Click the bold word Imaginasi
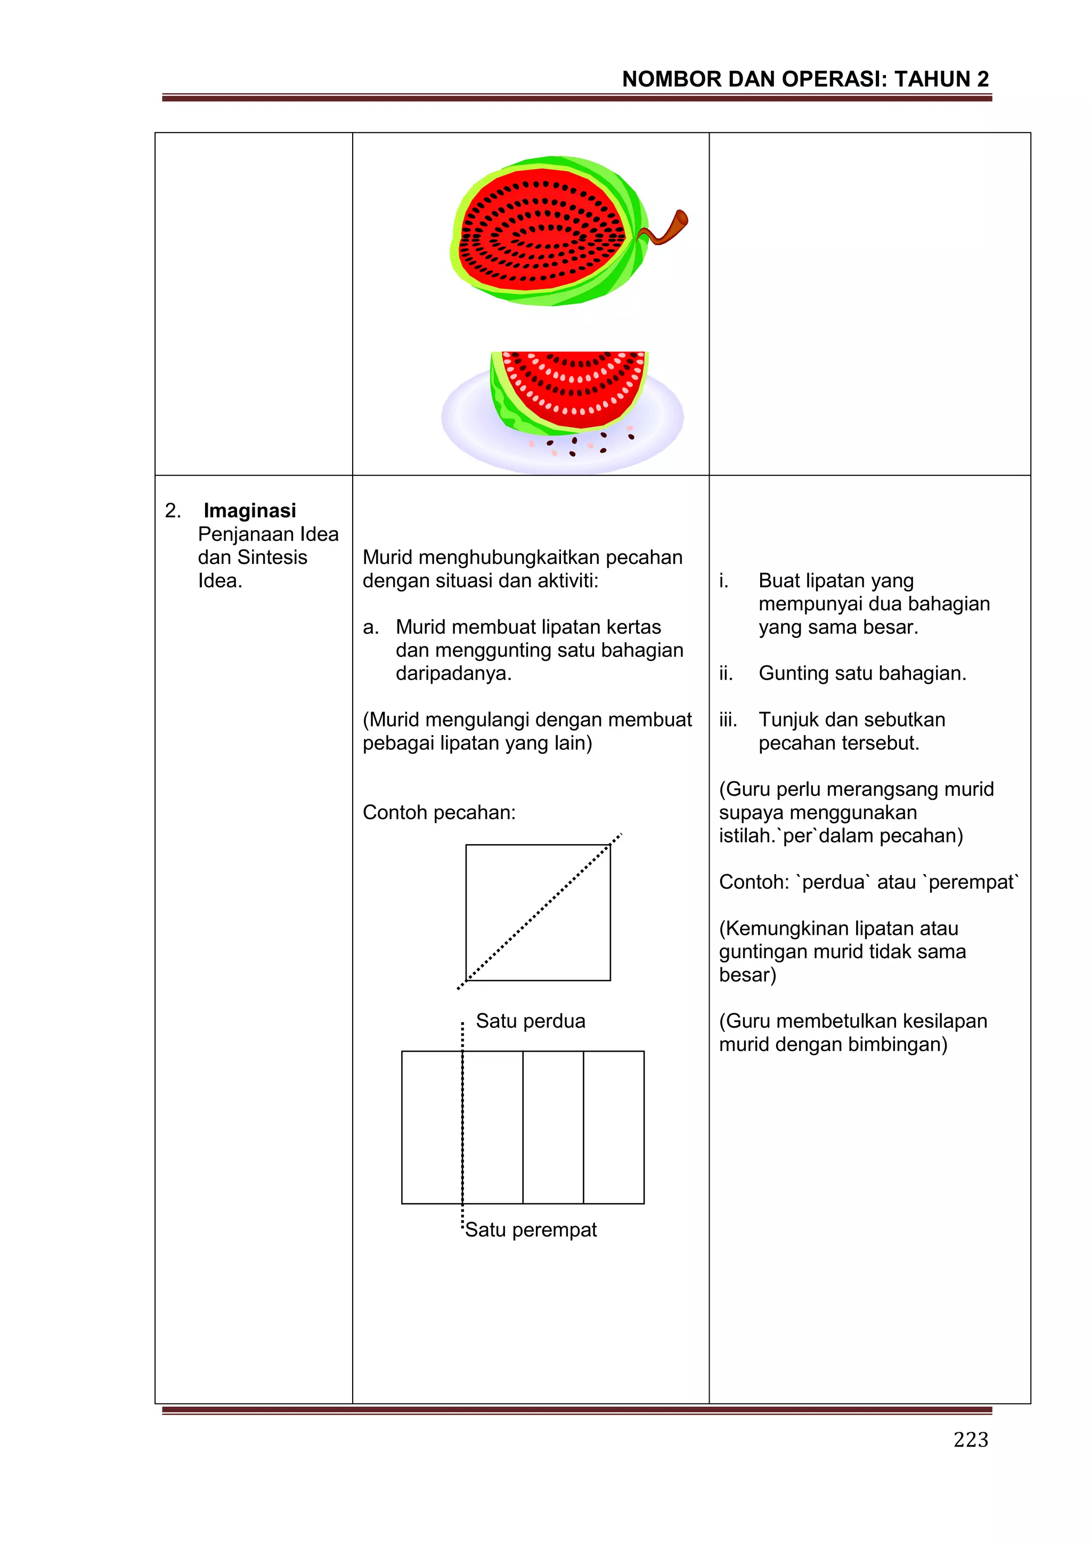pos(249,510)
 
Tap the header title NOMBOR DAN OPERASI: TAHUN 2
pos(805,79)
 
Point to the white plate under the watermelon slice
pos(470,430)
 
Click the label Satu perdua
pos(530,1021)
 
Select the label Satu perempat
pos(530,1229)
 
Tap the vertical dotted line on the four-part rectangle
pos(462,1129)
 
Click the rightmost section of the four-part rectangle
pos(613,1127)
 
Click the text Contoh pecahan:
pos(438,812)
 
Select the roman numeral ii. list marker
pos(726,673)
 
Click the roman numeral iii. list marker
pos(728,719)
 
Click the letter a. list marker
pos(370,627)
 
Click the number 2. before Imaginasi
pos(173,510)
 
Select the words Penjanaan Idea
pos(267,534)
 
